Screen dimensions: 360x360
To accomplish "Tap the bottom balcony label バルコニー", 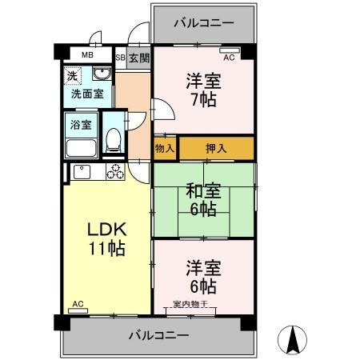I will tap(158, 335).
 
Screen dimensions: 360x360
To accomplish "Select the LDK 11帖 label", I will tap(106, 238).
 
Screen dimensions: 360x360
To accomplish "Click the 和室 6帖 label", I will tap(203, 200).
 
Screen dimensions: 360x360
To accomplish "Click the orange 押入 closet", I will tap(216, 148).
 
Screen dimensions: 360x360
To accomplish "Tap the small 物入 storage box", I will tap(165, 149).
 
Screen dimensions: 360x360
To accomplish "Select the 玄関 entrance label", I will tap(138, 58).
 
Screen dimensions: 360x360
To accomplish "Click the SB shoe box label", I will tap(120, 58).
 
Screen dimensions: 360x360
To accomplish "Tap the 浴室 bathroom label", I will tap(81, 126).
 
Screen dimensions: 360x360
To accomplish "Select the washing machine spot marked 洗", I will tap(72, 77).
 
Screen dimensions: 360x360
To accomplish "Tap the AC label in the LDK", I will tap(78, 304).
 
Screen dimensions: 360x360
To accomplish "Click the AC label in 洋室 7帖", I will tap(229, 58).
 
